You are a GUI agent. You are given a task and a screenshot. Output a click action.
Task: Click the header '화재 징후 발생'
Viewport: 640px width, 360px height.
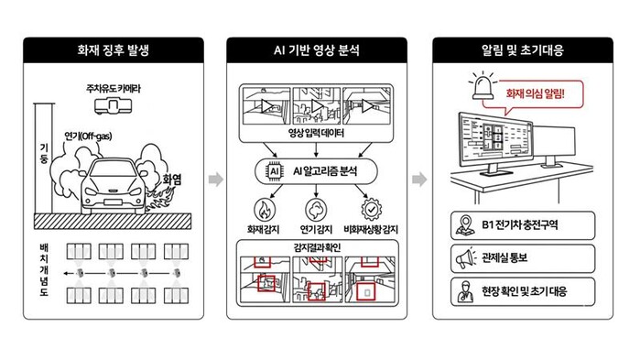tap(114, 50)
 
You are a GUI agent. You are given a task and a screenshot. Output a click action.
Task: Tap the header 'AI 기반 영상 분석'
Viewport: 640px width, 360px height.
tap(317, 50)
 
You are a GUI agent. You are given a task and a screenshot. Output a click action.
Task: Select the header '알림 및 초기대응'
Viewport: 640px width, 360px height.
tap(523, 50)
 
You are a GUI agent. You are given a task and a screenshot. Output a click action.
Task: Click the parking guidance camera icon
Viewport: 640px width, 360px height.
tap(113, 106)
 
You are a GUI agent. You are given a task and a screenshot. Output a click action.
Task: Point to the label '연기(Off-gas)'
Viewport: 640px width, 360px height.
tap(88, 136)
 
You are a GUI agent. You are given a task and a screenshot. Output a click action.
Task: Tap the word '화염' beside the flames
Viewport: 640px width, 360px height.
tap(172, 180)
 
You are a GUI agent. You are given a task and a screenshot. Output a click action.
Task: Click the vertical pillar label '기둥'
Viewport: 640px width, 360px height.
tap(44, 153)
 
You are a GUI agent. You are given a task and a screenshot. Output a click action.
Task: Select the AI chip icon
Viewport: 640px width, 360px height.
tap(275, 171)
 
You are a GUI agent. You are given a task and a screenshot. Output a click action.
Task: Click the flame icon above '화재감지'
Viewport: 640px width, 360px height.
tap(265, 210)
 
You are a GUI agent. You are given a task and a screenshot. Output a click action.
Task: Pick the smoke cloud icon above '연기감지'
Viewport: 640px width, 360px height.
tap(316, 210)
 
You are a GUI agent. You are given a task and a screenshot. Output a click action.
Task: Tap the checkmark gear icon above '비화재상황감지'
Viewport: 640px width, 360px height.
tap(371, 210)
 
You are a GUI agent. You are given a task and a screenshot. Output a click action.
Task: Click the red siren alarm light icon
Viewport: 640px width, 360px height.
tap(483, 86)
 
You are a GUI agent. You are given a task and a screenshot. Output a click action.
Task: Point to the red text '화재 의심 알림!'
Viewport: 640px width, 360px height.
tap(535, 93)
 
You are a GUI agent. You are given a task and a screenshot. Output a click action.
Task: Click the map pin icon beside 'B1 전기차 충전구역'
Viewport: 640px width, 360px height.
tap(465, 225)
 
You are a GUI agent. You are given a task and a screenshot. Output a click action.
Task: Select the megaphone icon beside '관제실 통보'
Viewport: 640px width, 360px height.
tap(466, 258)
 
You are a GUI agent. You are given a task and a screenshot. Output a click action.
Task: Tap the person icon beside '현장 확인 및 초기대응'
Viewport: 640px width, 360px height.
tap(465, 292)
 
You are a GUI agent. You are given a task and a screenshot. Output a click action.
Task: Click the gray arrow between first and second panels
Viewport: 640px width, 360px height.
tap(216, 180)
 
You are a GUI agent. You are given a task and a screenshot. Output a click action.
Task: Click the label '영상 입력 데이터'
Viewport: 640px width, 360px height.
tap(316, 133)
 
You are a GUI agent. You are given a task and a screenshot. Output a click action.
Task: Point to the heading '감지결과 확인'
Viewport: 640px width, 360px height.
tap(317, 247)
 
